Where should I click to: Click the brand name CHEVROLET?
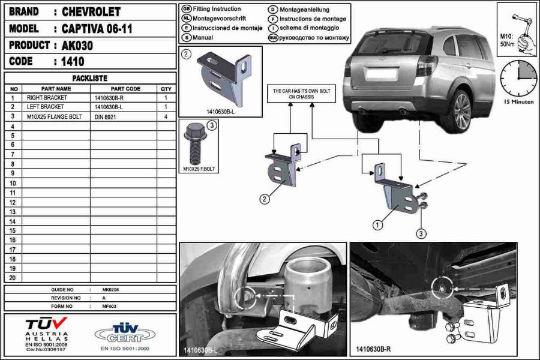pyautogui.click(x=91, y=12)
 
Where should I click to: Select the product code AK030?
pyautogui.click(x=77, y=45)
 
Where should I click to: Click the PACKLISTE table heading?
pyautogui.click(x=89, y=78)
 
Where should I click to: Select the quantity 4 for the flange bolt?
pyautogui.click(x=166, y=116)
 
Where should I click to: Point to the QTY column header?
pyautogui.click(x=166, y=88)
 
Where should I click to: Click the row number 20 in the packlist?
pyautogui.click(x=13, y=278)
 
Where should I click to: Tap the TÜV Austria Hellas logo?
pyautogui.click(x=47, y=332)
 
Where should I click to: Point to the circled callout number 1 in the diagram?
pyautogui.click(x=377, y=226)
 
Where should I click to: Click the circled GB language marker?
pyautogui.click(x=186, y=10)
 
